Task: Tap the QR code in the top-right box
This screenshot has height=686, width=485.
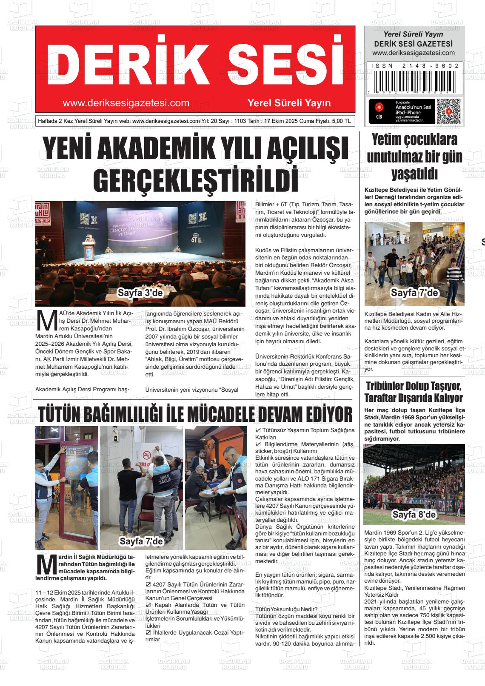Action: pyautogui.click(x=449, y=112)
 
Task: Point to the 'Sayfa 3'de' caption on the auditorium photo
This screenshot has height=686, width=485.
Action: pyautogui.click(x=140, y=293)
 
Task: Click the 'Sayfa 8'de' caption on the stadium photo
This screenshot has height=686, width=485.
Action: pyautogui.click(x=414, y=515)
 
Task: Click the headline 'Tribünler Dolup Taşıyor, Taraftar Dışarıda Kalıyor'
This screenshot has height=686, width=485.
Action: pyautogui.click(x=414, y=393)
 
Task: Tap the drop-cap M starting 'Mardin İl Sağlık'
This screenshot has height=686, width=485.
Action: pyautogui.click(x=46, y=564)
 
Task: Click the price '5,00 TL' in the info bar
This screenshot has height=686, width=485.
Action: pyautogui.click(x=341, y=121)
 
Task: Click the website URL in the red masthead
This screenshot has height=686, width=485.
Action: pyautogui.click(x=126, y=103)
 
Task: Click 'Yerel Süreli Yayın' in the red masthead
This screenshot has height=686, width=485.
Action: pyautogui.click(x=289, y=103)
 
